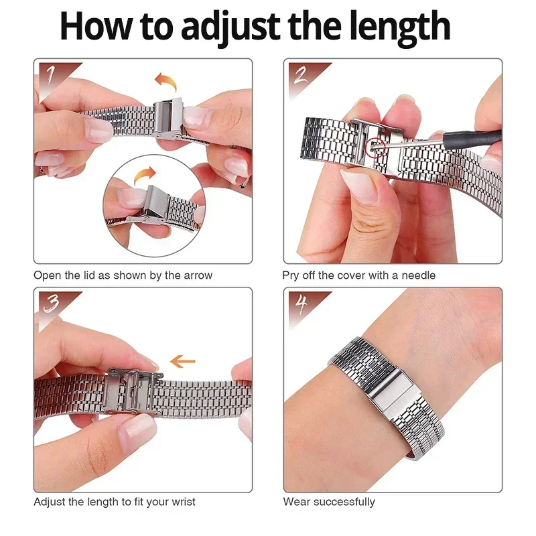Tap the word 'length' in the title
coord(395,27)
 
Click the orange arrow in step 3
coord(182,362)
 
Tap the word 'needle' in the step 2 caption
coord(419,275)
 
